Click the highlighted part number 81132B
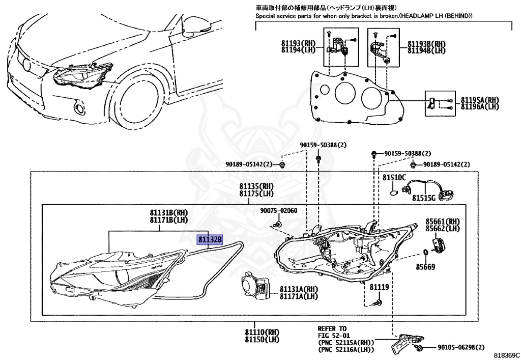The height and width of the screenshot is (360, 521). click(210, 239)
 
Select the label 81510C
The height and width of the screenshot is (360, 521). click(394, 178)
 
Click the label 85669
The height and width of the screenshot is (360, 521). click(425, 266)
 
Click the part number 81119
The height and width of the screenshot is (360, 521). click(379, 287)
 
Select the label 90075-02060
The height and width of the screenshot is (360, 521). click(278, 211)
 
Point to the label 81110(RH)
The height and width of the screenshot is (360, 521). click(263, 333)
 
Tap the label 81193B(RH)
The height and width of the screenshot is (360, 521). click(426, 44)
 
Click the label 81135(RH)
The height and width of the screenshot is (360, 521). click(257, 186)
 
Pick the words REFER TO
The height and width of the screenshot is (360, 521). click(332, 328)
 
